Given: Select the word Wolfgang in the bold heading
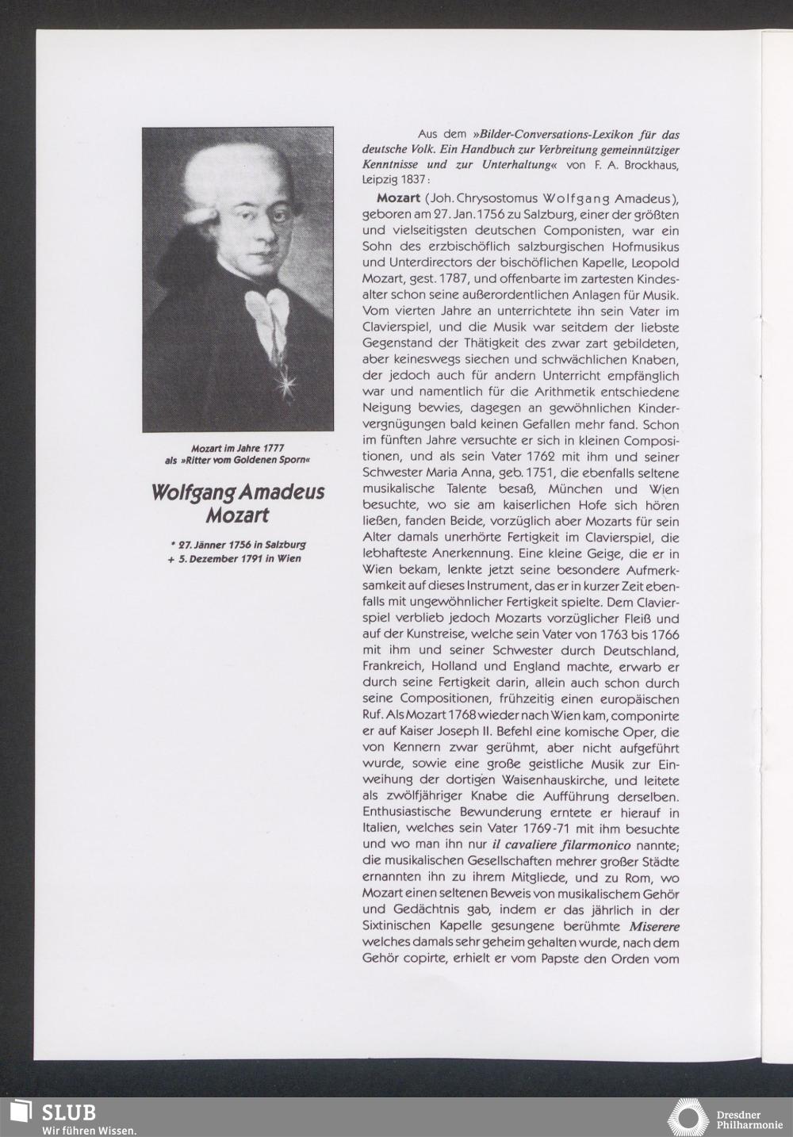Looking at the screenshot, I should coord(193,492).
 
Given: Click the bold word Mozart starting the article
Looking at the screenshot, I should coord(398,197).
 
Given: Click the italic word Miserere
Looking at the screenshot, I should coord(655,926).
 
